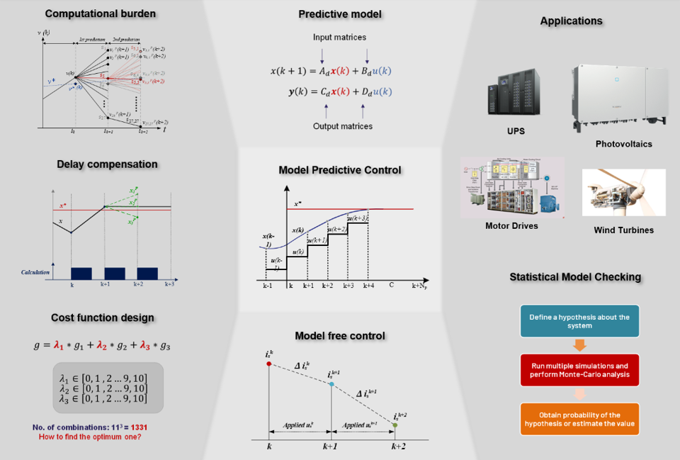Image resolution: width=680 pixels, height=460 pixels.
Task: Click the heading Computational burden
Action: tap(100, 13)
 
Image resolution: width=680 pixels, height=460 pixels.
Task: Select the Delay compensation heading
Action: tap(107, 164)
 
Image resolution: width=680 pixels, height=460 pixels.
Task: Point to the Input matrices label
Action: tap(339, 37)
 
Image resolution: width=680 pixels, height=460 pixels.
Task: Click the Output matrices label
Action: tap(342, 126)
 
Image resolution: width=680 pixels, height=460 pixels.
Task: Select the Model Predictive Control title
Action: tap(339, 170)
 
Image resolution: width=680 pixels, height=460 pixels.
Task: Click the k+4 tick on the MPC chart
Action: tap(368, 285)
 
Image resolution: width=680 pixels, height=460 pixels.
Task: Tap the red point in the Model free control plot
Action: tap(268, 364)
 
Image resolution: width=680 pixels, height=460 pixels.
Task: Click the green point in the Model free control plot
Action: tap(395, 425)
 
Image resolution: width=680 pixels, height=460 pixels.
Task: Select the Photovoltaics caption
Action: tap(623, 144)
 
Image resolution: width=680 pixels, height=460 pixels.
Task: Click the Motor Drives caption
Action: tap(511, 226)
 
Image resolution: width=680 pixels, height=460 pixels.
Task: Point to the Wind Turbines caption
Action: tap(623, 230)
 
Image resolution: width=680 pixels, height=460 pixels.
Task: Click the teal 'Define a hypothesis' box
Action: tap(579, 321)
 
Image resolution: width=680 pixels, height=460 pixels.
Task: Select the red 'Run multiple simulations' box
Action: tap(579, 369)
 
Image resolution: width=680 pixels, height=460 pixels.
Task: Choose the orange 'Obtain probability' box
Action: tap(579, 419)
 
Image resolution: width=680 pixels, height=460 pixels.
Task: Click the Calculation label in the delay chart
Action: tap(35, 271)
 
